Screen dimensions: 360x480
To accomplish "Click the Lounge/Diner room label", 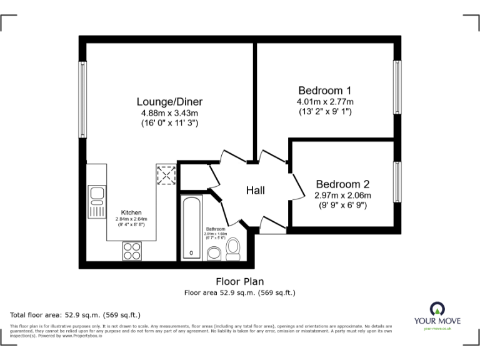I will [x=169, y=101].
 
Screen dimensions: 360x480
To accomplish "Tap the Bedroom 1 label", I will [x=325, y=89].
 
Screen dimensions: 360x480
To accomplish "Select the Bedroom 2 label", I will [x=342, y=184].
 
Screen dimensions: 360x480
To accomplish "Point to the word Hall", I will [x=255, y=190].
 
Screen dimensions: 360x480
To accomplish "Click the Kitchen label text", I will [x=131, y=212].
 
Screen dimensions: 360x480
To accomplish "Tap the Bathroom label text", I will [x=216, y=229].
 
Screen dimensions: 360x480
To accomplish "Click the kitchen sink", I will [x=97, y=201].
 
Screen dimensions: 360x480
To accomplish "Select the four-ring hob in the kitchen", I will [x=132, y=250].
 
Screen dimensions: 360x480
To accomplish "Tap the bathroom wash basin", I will [x=213, y=253].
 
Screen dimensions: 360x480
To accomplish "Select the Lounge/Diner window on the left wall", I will [x=82, y=99].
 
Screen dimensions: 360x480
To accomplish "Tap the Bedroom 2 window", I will [x=397, y=182].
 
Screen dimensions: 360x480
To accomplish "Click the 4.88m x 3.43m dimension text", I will [x=169, y=113].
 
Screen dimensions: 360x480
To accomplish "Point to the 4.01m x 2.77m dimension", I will [x=325, y=101].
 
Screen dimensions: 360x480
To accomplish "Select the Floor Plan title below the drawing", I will [x=240, y=281].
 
